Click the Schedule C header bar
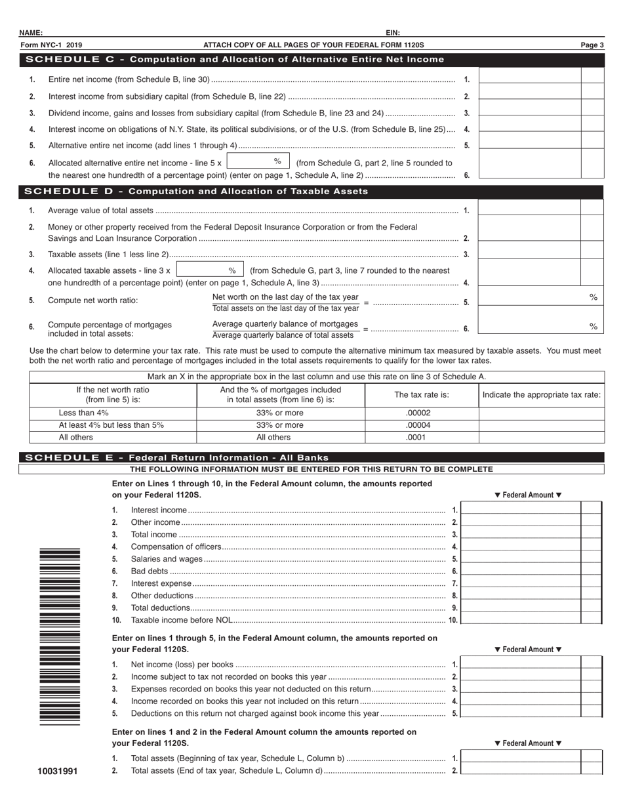[311, 60]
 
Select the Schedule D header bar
[311, 192]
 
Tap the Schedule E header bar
[311, 457]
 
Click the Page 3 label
[592, 45]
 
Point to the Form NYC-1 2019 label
[51, 45]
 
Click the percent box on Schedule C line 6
[258, 161]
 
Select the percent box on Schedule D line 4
[210, 270]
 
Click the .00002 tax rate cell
[422, 413]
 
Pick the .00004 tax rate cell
[422, 425]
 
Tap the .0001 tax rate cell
[422, 437]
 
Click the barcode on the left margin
[60, 635]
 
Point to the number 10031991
[59, 772]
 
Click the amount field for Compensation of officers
[521, 547]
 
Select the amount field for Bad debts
[521, 571]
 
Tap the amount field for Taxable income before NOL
[521, 620]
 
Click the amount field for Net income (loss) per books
[521, 665]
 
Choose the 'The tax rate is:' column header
[422, 395]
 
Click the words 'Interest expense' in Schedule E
[161, 583]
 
